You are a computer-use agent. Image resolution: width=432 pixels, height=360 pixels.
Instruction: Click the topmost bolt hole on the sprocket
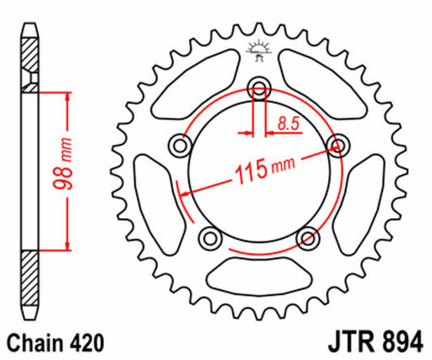point(259,88)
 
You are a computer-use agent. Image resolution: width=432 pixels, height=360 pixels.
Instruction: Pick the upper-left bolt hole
point(179,145)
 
